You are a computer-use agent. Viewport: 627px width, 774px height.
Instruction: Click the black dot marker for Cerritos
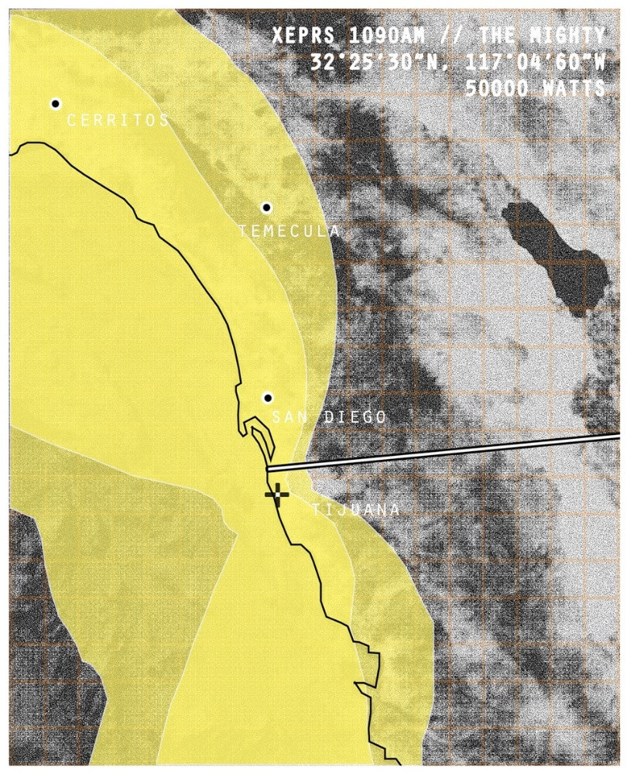click(56, 104)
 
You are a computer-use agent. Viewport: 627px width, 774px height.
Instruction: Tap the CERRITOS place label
click(118, 120)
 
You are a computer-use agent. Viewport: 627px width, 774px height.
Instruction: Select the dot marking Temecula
click(266, 207)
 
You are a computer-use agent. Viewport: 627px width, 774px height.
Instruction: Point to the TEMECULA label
click(289, 231)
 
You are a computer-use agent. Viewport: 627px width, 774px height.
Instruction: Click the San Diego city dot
click(268, 398)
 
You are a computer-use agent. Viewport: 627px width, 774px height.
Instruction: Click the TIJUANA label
click(356, 509)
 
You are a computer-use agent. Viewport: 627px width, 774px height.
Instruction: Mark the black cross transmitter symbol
click(276, 493)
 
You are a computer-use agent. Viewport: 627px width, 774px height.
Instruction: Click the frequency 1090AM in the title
click(404, 36)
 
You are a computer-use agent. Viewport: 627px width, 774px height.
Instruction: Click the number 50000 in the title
click(495, 88)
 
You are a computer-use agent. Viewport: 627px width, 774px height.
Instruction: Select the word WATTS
click(572, 88)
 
